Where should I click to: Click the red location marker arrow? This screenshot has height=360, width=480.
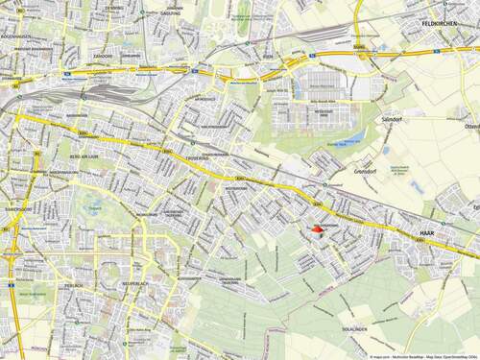pyautogui.click(x=319, y=228)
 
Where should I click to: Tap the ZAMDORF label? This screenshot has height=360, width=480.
pyautogui.click(x=104, y=55)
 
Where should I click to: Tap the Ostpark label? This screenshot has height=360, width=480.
pyautogui.click(x=92, y=202)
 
